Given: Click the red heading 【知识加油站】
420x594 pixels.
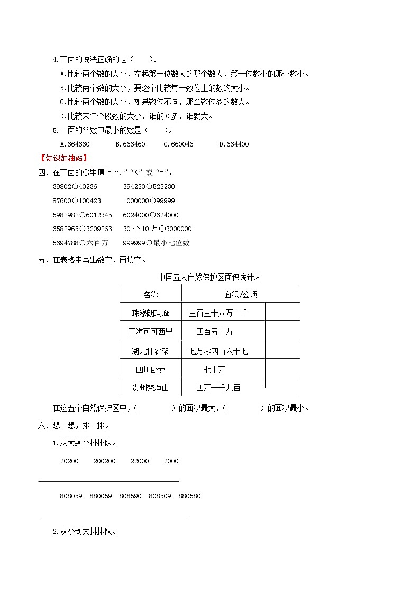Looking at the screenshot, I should [x=63, y=158].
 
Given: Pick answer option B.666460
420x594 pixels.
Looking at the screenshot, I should [x=130, y=144].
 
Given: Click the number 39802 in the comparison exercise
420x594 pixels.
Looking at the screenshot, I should [x=62, y=186].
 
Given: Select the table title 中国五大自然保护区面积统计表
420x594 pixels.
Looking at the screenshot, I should [x=210, y=277].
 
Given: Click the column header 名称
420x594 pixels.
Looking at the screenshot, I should [x=150, y=295].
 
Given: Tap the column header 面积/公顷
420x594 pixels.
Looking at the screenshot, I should [x=240, y=295].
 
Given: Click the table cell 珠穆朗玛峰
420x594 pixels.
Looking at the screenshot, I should [x=150, y=313].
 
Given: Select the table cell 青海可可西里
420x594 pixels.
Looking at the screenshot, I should [x=150, y=332].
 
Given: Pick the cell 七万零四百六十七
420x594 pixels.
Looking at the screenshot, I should [x=218, y=351].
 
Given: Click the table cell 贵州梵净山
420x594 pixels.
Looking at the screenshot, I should [x=150, y=388].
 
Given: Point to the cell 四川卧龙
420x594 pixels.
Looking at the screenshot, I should [x=150, y=369].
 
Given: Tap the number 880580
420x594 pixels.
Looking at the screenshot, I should [x=189, y=496].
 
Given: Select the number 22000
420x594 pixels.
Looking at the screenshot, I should [x=140, y=461].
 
